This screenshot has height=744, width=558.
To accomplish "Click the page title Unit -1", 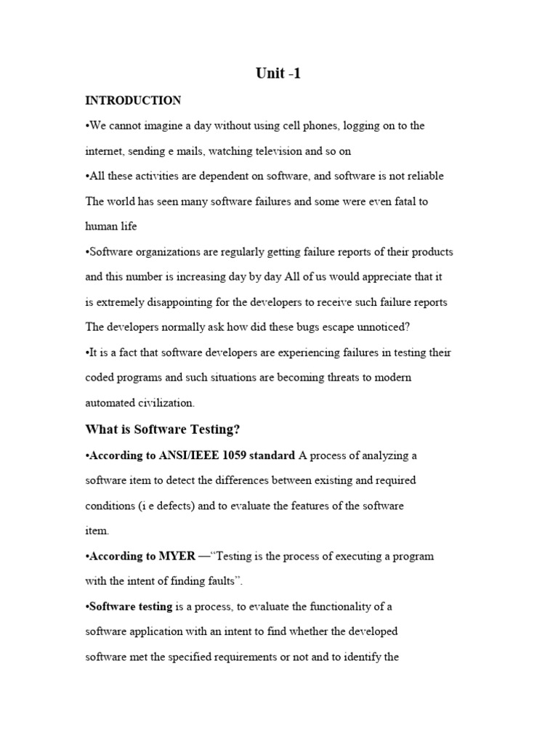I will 278,73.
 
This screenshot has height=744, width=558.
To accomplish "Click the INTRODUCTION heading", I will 133,100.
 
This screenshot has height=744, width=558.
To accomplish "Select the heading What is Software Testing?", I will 162,429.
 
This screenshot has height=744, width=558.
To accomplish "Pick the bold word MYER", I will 177,556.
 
